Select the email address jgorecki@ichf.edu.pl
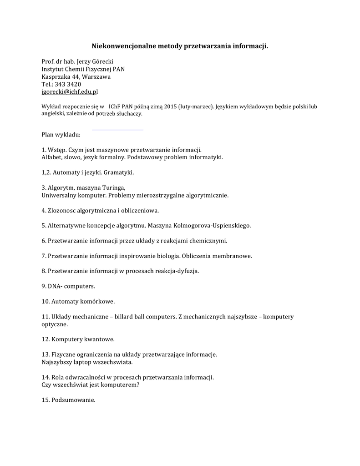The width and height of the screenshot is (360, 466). point(70,91)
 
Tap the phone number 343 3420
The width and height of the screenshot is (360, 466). point(68,84)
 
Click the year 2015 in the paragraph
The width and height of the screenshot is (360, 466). point(171,106)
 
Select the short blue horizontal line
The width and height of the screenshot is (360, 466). point(117,130)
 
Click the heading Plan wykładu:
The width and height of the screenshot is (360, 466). point(61,135)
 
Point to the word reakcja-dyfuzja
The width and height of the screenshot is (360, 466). point(177,271)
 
